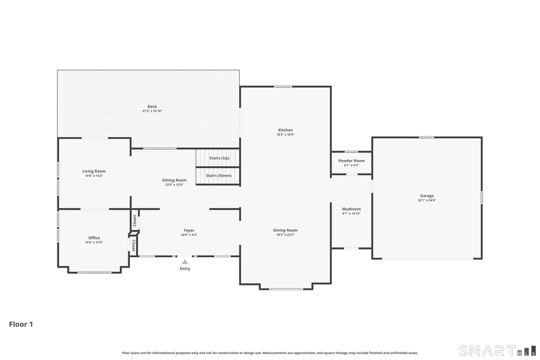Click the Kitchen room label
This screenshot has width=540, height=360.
(285, 130)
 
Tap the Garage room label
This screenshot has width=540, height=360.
(427, 196)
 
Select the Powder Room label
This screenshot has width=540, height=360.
(351, 161)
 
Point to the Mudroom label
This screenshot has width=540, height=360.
(351, 209)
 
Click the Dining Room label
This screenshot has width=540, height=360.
(285, 231)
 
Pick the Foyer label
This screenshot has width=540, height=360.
(189, 231)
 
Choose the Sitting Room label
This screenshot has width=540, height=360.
(174, 181)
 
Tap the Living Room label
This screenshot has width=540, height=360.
(94, 171)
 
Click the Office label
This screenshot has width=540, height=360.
(94, 237)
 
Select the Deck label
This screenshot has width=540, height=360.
(152, 107)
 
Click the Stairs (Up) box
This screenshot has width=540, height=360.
(218, 158)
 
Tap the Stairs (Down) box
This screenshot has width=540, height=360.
(218, 175)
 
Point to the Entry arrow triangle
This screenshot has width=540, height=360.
(185, 262)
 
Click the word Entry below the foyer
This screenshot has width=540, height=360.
(185, 269)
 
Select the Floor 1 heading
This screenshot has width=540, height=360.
(21, 324)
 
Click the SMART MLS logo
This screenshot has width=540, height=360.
(497, 350)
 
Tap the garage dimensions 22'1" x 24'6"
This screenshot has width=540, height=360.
(427, 200)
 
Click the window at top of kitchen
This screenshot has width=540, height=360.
(283, 87)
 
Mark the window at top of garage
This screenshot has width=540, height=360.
(426, 137)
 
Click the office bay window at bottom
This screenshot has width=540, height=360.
(95, 272)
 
